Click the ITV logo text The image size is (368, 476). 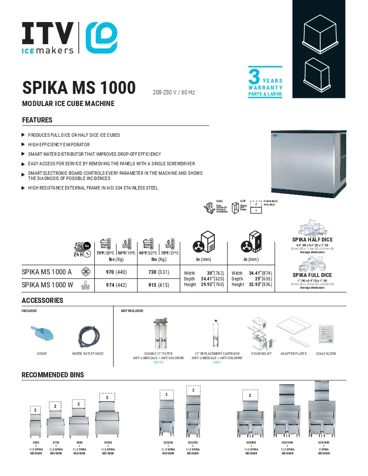click(48, 32)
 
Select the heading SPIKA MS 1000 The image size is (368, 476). click(79, 88)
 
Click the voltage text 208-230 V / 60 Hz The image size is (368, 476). click(174, 93)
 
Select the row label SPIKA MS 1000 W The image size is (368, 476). click(47, 285)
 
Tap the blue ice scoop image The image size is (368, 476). click(42, 334)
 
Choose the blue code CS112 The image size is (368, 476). click(158, 362)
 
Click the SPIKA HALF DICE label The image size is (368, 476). click(312, 240)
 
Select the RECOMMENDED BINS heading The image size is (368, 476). click(53, 375)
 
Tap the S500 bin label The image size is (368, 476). click(36, 443)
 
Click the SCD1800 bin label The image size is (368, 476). click(324, 443)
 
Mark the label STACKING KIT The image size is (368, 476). click(261, 354)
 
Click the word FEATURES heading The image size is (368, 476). click(37, 120)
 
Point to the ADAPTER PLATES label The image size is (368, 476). click(294, 354)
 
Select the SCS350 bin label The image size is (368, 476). click(168, 443)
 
